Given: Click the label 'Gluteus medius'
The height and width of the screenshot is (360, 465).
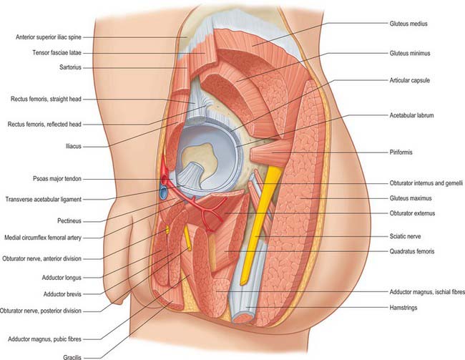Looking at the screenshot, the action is coord(408,24).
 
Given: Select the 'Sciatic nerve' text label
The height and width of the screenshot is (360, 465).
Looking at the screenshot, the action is coord(405,236).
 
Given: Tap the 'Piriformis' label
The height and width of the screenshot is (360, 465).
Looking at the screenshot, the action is coord(401,152).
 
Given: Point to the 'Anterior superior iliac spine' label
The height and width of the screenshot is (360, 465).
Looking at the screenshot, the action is coord(49,37).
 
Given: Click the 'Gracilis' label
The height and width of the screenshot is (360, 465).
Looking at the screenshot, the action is coord(72,357).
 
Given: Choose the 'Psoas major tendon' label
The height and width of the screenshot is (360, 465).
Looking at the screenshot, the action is coord(57,179).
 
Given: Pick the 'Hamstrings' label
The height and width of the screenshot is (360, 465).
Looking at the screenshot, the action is coord(403,308).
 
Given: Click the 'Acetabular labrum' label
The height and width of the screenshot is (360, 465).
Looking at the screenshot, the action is coord(411,115).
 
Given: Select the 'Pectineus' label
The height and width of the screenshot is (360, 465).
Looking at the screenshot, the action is coord(69,221).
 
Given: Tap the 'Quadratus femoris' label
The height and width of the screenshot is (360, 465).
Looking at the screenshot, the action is coord(412,251).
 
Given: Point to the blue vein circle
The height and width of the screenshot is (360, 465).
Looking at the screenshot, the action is coord(163,193).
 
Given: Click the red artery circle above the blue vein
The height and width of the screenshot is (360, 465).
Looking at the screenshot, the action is coord(165,180).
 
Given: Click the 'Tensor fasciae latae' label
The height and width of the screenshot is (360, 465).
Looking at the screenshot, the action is coord(57,53).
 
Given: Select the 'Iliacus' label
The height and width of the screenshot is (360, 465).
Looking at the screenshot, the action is coord(73,146).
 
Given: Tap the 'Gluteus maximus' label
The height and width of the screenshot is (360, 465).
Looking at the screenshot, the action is coord(411,198).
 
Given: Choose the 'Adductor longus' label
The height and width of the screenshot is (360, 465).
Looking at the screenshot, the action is coord(62,278).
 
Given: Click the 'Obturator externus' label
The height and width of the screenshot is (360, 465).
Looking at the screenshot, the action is coord(412,213).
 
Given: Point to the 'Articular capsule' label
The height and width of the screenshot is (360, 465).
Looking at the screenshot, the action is coord(409,80).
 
